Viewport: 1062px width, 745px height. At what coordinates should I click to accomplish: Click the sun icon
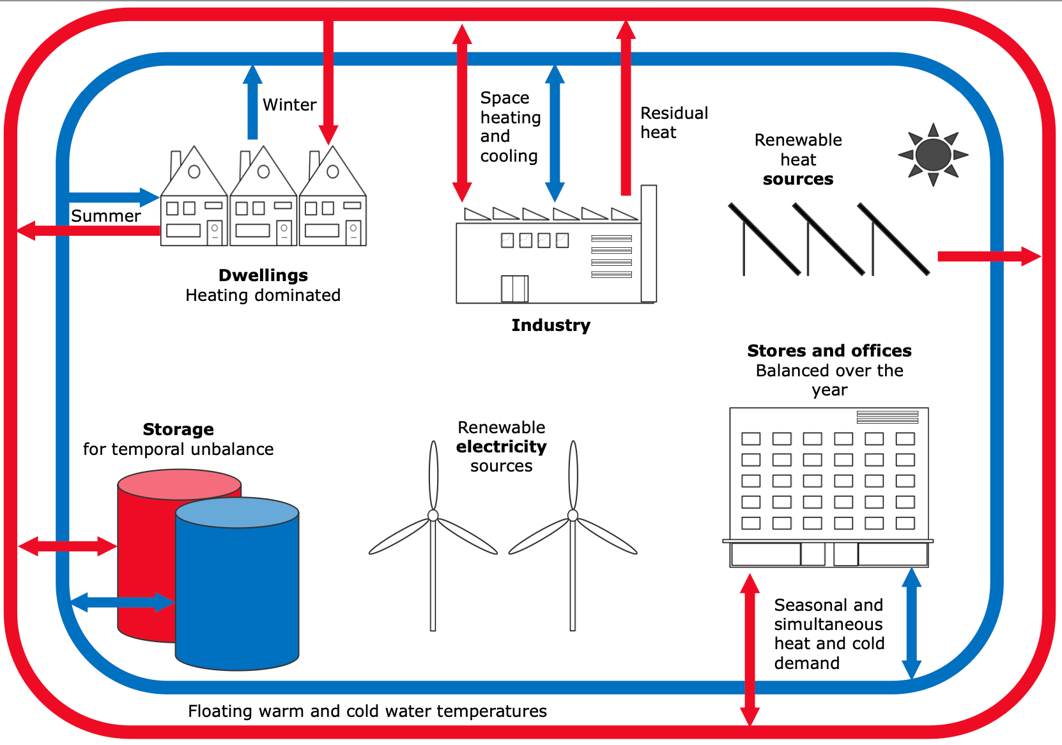tap(933, 155)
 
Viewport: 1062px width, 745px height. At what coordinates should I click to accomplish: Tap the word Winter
tap(289, 105)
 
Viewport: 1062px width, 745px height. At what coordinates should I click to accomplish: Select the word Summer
tap(105, 216)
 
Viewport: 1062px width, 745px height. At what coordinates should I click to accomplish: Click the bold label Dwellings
tap(263, 275)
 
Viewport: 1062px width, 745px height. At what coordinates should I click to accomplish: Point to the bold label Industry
tap(551, 326)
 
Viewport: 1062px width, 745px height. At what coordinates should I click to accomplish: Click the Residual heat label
tap(674, 123)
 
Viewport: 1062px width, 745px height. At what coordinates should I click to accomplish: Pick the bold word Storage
tap(178, 429)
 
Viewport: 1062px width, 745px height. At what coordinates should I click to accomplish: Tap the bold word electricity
tap(501, 447)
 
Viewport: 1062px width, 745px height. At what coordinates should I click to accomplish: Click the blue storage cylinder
tap(237, 584)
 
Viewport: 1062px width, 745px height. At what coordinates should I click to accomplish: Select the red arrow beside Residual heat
tap(626, 107)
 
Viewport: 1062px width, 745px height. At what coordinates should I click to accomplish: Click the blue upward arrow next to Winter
tap(252, 102)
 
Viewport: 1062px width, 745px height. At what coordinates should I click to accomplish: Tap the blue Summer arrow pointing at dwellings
tap(114, 197)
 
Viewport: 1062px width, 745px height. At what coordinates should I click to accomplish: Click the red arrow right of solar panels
tap(989, 256)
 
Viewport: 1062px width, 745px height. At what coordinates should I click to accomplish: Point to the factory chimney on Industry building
tap(649, 243)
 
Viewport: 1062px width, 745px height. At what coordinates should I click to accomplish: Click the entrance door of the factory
tap(514, 289)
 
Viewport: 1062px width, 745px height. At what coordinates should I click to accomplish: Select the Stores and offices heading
tap(829, 351)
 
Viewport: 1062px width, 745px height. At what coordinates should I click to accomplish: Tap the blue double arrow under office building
tap(911, 624)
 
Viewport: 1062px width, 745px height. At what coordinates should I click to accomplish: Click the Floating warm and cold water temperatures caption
tap(367, 711)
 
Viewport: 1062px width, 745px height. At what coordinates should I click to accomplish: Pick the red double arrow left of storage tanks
tap(68, 546)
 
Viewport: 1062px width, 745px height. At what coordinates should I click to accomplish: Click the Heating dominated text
tap(263, 295)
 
